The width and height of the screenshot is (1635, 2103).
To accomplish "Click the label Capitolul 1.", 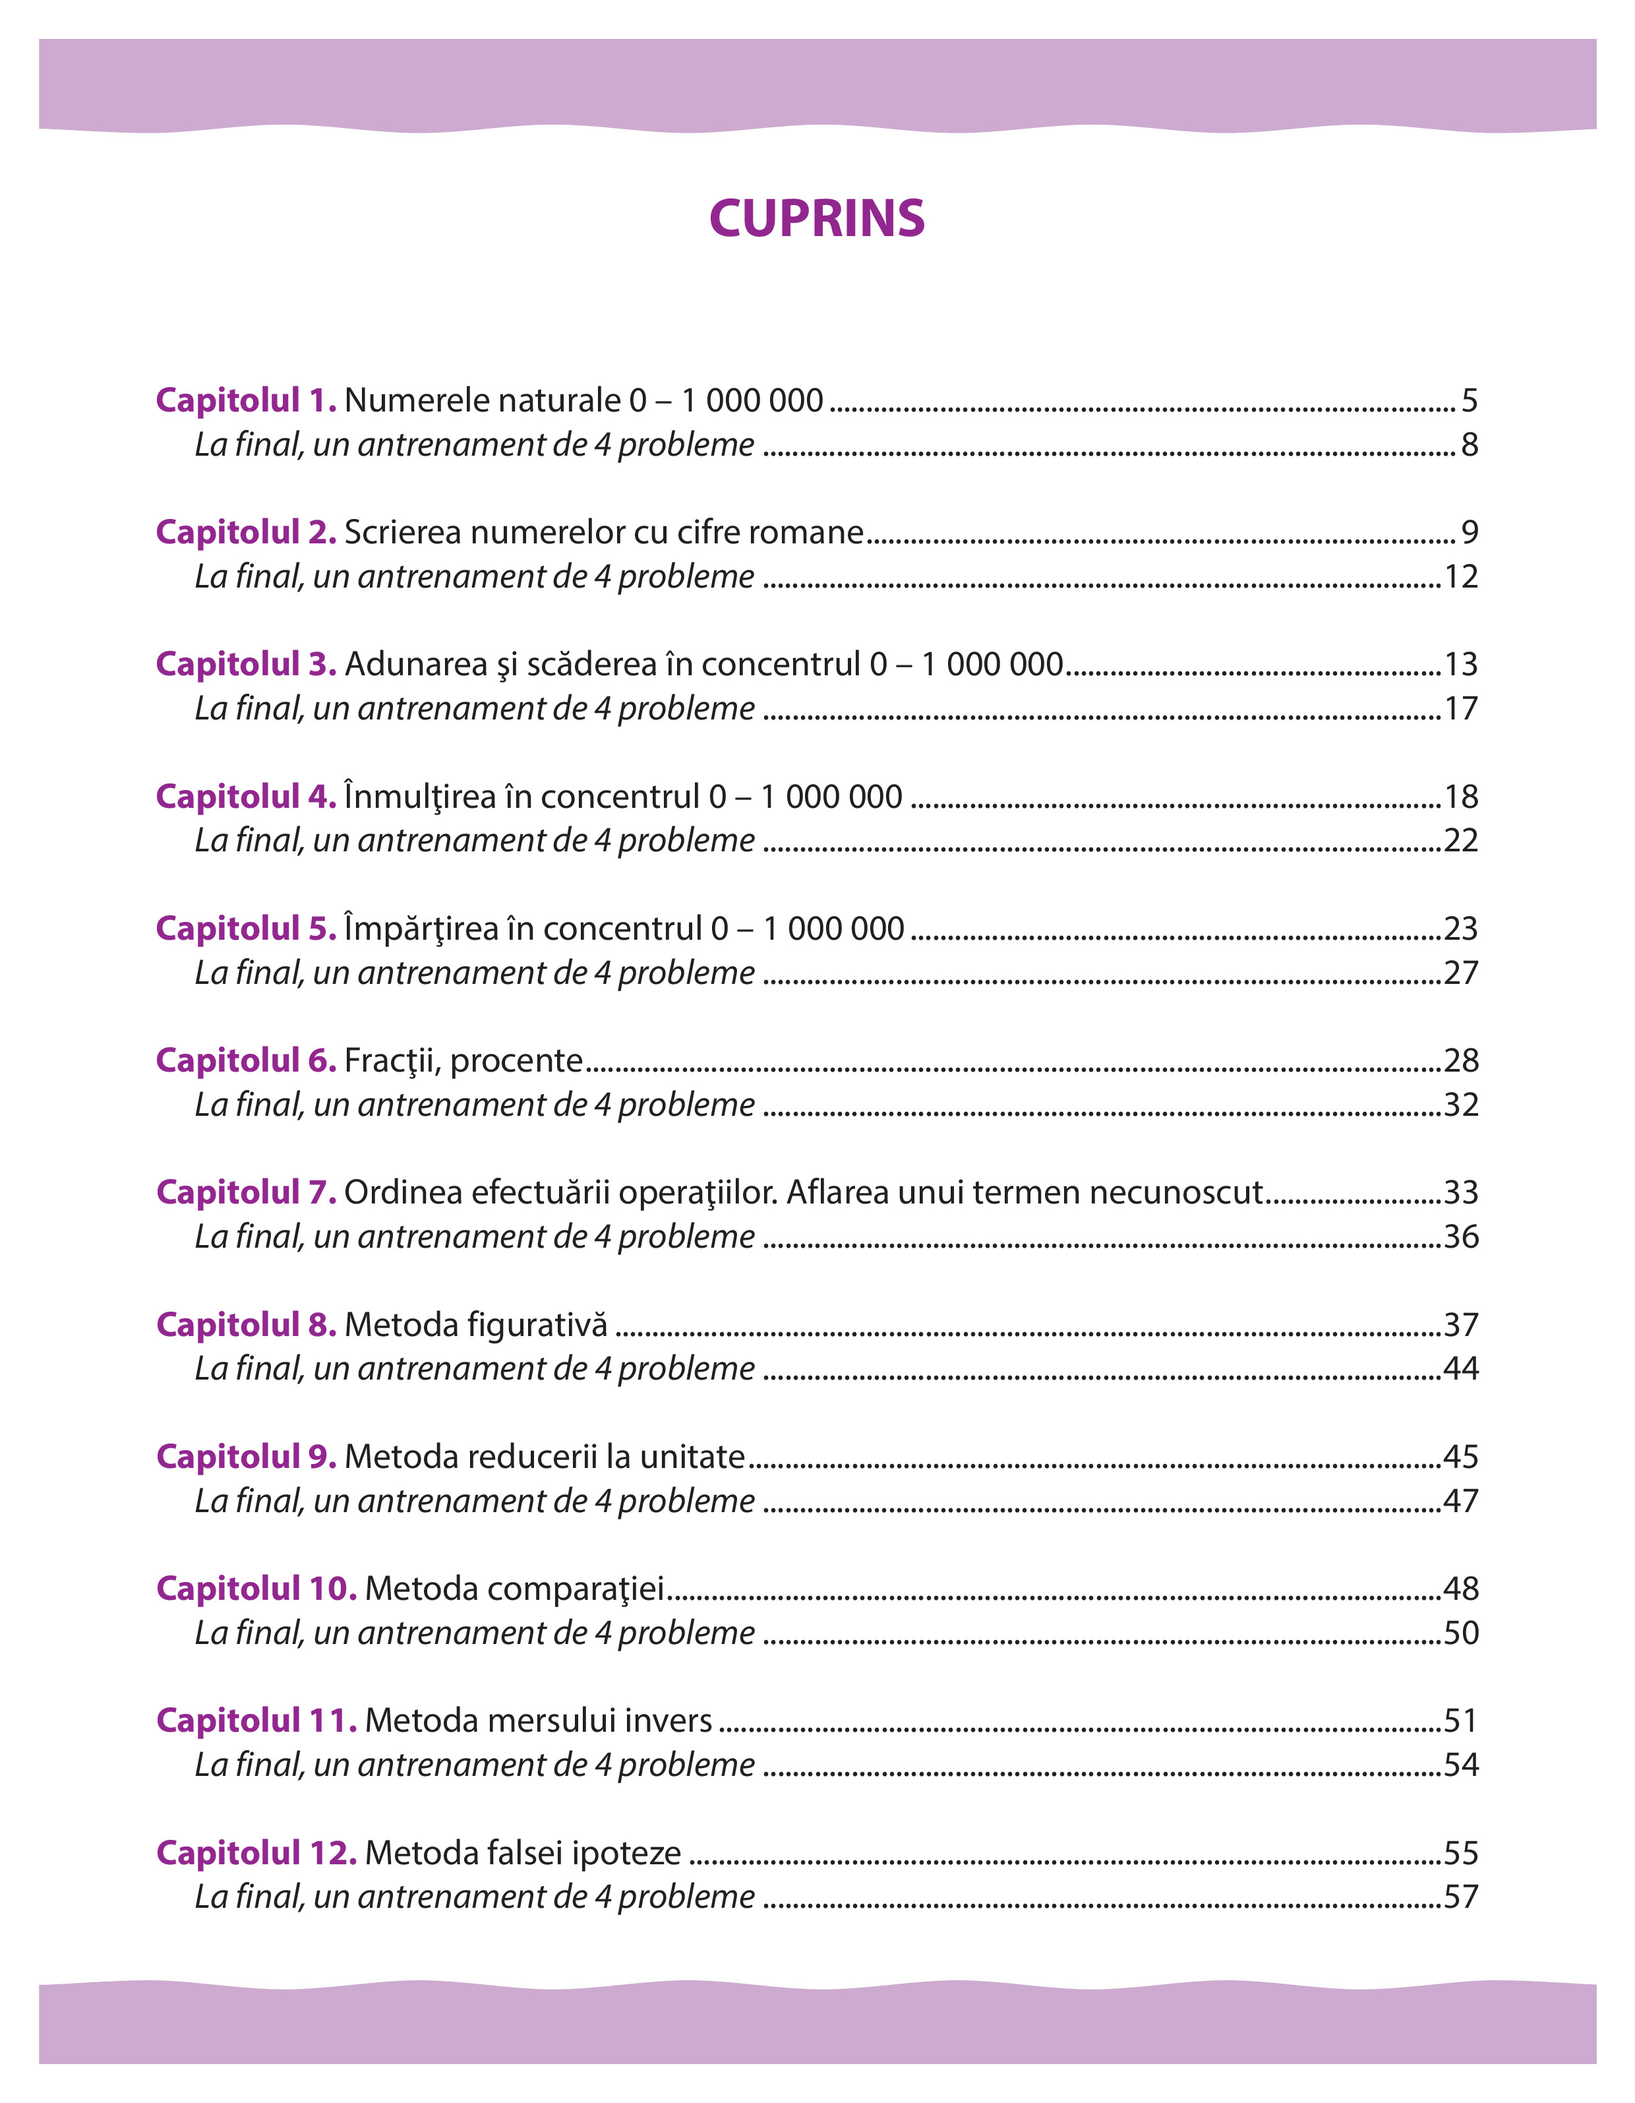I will (245, 400).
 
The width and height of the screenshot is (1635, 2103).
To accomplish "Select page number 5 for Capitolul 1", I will (1468, 400).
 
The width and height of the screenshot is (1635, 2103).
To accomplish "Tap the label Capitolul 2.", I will (245, 532).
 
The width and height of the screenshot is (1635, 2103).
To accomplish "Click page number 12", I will (1461, 577).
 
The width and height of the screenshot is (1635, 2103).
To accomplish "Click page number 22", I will (1461, 841).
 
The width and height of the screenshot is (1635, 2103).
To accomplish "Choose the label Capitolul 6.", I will (245, 1061).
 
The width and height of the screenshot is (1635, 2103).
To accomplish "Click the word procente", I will (516, 1061).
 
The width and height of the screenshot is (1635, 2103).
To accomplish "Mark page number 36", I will (1461, 1236).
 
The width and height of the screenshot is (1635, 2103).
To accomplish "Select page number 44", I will (1461, 1368).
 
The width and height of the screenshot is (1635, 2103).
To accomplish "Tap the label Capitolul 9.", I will (245, 1457).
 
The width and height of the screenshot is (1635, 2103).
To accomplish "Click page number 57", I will (1461, 1897).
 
